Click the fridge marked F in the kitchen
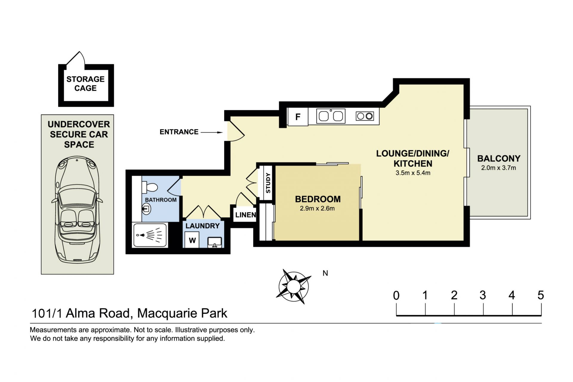(298, 117)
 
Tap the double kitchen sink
(331, 116)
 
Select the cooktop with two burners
(365, 116)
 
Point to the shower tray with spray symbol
(150, 235)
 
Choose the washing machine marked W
(192, 240)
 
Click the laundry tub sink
(215, 242)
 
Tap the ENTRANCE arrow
(212, 132)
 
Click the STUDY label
(268, 183)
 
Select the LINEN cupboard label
(246, 215)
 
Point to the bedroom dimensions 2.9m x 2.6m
(317, 209)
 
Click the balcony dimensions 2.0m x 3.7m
(498, 168)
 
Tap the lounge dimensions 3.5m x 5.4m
(413, 173)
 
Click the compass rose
(294, 286)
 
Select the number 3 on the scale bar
(483, 295)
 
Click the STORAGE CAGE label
(85, 84)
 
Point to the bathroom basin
(146, 209)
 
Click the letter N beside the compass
(325, 273)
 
